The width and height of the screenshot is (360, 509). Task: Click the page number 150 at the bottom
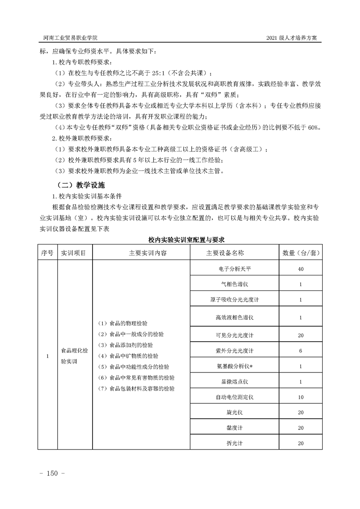tap(54, 474)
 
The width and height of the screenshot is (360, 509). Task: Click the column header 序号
tap(47, 253)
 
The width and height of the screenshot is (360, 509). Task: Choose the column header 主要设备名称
tap(225, 253)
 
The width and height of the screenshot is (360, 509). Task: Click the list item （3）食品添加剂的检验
tap(126, 345)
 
